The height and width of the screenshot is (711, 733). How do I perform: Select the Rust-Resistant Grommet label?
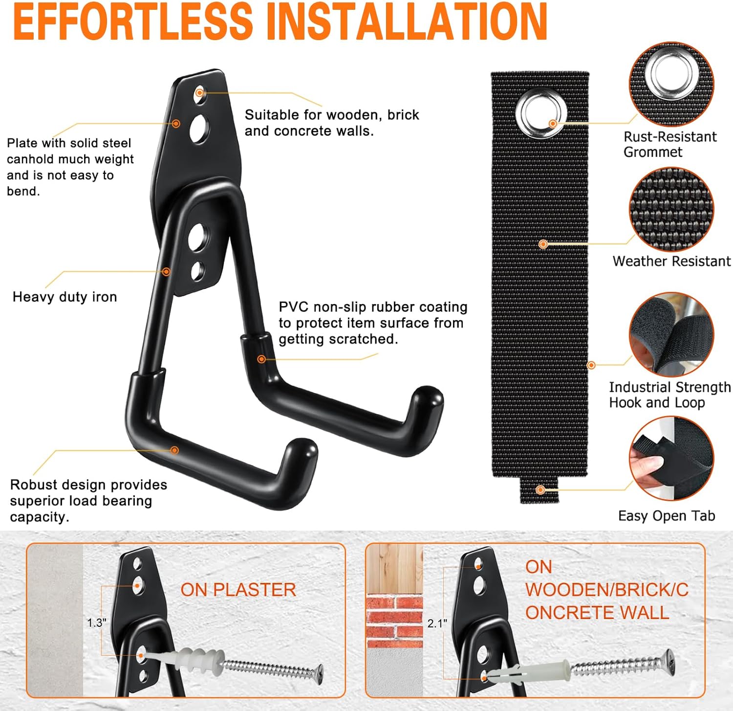[x=670, y=144]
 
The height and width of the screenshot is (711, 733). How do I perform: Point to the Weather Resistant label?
[x=672, y=261]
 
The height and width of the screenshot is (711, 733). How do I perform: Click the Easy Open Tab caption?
[x=667, y=516]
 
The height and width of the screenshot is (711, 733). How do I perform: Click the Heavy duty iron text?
[x=65, y=297]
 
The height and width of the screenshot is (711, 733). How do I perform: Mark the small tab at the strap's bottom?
[x=539, y=489]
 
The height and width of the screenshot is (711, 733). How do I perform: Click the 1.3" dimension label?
[x=96, y=622]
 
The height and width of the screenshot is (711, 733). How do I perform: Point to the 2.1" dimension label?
[x=437, y=623]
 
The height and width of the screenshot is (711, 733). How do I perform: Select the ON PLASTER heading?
[x=238, y=590]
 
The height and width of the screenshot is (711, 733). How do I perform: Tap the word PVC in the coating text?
[x=294, y=307]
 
